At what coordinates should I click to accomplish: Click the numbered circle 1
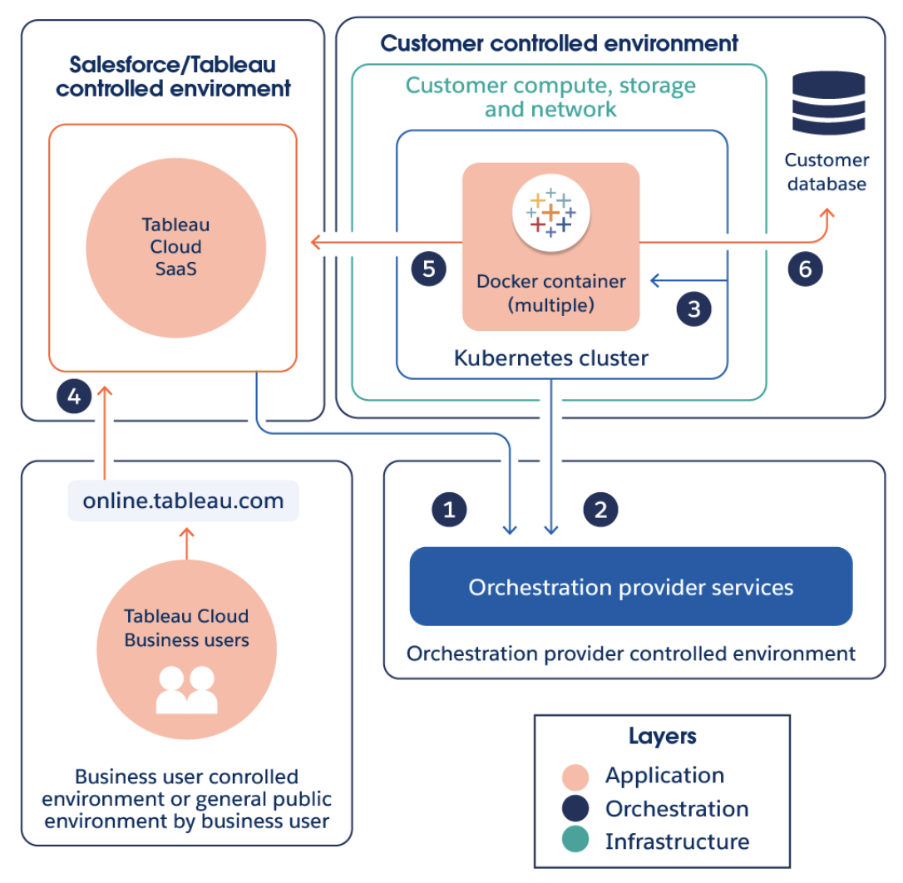(449, 509)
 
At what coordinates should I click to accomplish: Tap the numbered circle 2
(600, 509)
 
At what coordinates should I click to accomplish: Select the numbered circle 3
(694, 308)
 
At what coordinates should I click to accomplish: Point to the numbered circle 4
(74, 397)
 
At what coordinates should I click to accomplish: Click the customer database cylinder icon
(828, 102)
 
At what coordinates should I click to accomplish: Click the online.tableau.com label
(183, 501)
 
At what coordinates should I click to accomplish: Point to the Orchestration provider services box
(630, 587)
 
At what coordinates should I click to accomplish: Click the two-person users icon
(186, 689)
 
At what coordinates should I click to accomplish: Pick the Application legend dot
(575, 777)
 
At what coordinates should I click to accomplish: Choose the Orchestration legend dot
(575, 809)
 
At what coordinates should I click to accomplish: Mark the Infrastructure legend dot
(575, 841)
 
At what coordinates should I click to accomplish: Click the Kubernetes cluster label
(550, 358)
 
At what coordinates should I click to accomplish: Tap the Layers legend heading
(662, 736)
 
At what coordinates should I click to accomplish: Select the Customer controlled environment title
(559, 43)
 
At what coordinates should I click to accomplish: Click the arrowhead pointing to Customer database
(827, 215)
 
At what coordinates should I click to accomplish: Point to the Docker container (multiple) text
(550, 293)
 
